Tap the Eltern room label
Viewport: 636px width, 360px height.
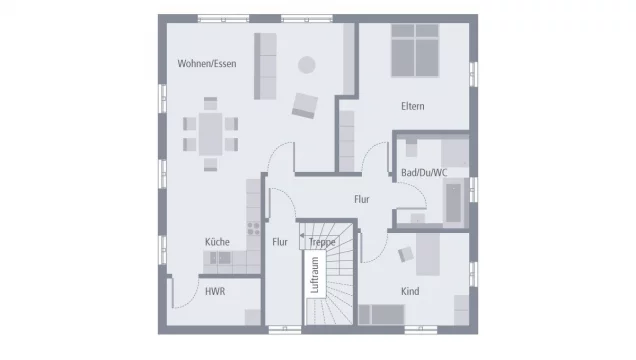click(x=414, y=105)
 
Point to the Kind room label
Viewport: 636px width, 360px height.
click(x=410, y=291)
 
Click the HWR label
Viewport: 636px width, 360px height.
click(x=214, y=292)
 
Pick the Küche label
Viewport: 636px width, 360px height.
click(x=217, y=241)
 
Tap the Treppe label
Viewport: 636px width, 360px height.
click(x=322, y=242)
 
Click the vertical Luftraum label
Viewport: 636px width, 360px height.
click(x=315, y=274)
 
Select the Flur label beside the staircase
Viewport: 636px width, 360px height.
click(x=280, y=241)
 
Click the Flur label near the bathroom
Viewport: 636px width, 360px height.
click(x=361, y=199)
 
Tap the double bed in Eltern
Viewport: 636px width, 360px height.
click(x=413, y=51)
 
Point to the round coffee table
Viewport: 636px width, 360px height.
click(x=306, y=65)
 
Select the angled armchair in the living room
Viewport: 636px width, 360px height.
click(x=305, y=103)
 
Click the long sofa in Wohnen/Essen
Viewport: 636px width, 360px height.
click(x=266, y=65)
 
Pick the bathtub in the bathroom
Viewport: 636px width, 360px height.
click(x=455, y=200)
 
